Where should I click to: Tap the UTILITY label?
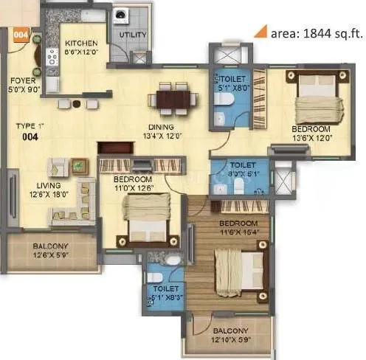[x=133, y=35]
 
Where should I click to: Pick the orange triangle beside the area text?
[x=259, y=31]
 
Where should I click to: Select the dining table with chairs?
[x=171, y=98]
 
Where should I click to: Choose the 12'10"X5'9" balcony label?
[x=230, y=336]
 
